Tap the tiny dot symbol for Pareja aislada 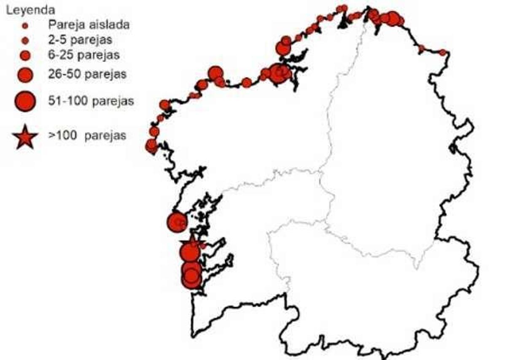coord(25,26)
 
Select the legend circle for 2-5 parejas coord(25,40)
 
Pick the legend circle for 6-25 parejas coord(25,55)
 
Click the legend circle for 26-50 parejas coord(25,75)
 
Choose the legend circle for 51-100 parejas coord(25,101)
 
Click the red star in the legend coord(25,137)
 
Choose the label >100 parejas coord(87,136)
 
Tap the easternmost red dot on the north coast coord(442,52)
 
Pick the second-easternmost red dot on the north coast coord(421,48)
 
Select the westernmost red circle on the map coord(151,145)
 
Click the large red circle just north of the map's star coord(177,222)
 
